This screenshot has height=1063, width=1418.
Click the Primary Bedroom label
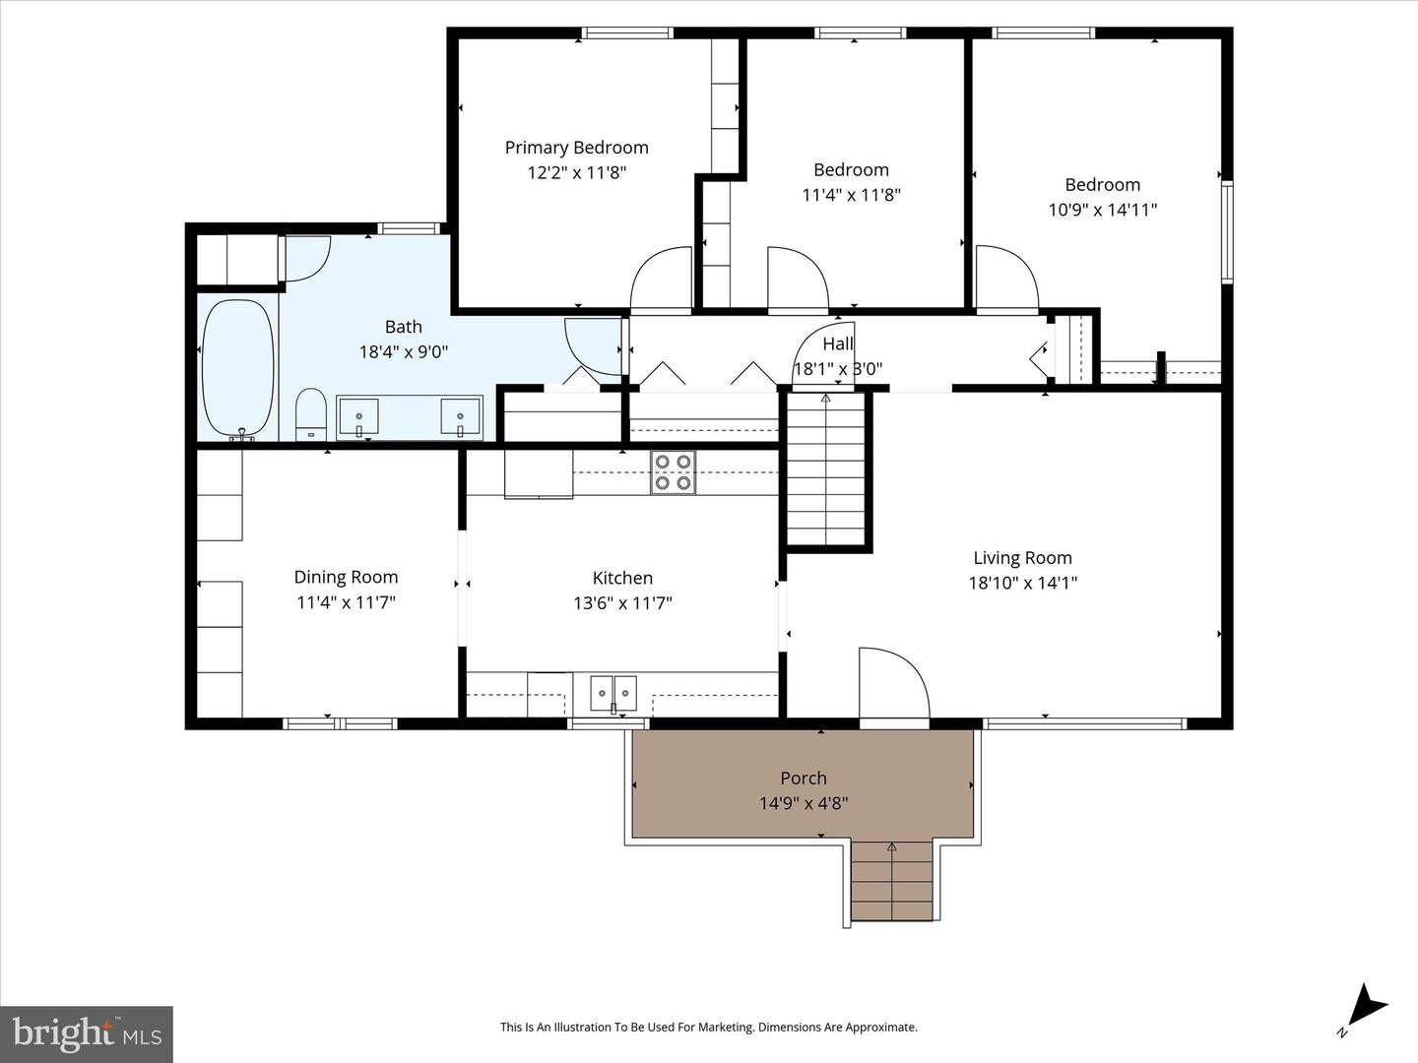(576, 148)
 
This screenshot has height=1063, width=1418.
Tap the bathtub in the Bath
(237, 370)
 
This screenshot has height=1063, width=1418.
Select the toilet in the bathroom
(311, 414)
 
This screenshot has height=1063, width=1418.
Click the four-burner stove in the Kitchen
(674, 472)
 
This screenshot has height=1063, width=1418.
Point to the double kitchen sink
(613, 694)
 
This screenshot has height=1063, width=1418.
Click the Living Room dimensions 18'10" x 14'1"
(1023, 583)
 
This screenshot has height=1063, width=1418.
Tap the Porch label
(803, 779)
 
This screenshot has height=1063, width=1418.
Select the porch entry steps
(891, 880)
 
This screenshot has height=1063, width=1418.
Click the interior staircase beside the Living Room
(825, 469)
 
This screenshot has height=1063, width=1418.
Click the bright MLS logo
(87, 1033)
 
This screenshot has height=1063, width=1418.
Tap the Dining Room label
(346, 577)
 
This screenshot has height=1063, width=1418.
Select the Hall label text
(838, 344)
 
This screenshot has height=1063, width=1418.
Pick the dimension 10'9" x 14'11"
(1102, 210)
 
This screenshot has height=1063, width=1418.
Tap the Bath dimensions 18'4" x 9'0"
(403, 351)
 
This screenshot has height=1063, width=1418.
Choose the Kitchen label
(622, 578)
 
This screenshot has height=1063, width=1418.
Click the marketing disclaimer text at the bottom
(709, 1027)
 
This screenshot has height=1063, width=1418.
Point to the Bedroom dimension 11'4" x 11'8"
(851, 195)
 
